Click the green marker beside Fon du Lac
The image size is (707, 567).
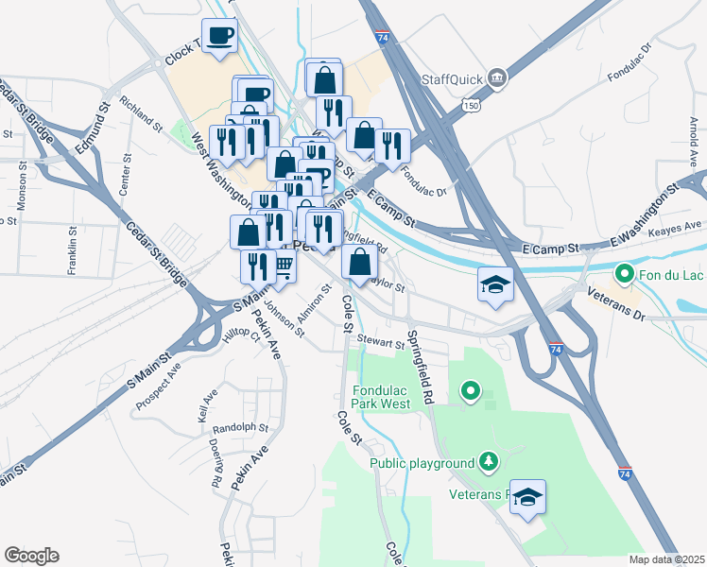624,276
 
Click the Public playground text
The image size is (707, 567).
422,463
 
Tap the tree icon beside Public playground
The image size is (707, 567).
489,462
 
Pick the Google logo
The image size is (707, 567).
31,556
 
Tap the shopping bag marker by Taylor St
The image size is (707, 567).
359,262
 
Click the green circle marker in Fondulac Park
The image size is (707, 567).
471,389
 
